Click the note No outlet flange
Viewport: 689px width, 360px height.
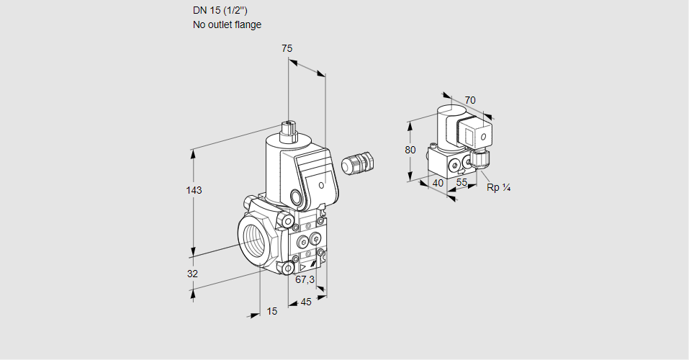pyautogui.click(x=227, y=24)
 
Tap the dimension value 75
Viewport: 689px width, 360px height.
pyautogui.click(x=287, y=48)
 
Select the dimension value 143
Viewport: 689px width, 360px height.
pyautogui.click(x=194, y=190)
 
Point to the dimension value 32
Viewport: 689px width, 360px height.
pyautogui.click(x=192, y=274)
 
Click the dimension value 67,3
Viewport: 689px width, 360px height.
pyautogui.click(x=305, y=279)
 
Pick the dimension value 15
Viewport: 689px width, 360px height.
pyautogui.click(x=271, y=311)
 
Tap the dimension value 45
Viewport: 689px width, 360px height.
pyautogui.click(x=306, y=302)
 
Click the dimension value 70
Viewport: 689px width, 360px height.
pyautogui.click(x=470, y=100)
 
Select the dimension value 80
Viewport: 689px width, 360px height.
pyautogui.click(x=410, y=150)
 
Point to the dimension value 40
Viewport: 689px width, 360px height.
pyautogui.click(x=438, y=183)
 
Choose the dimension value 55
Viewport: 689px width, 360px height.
pyautogui.click(x=462, y=183)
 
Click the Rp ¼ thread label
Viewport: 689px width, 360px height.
pyautogui.click(x=498, y=188)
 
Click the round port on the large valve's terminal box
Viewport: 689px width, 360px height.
pyautogui.click(x=297, y=196)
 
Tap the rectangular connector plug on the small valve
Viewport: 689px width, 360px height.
pyautogui.click(x=476, y=134)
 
